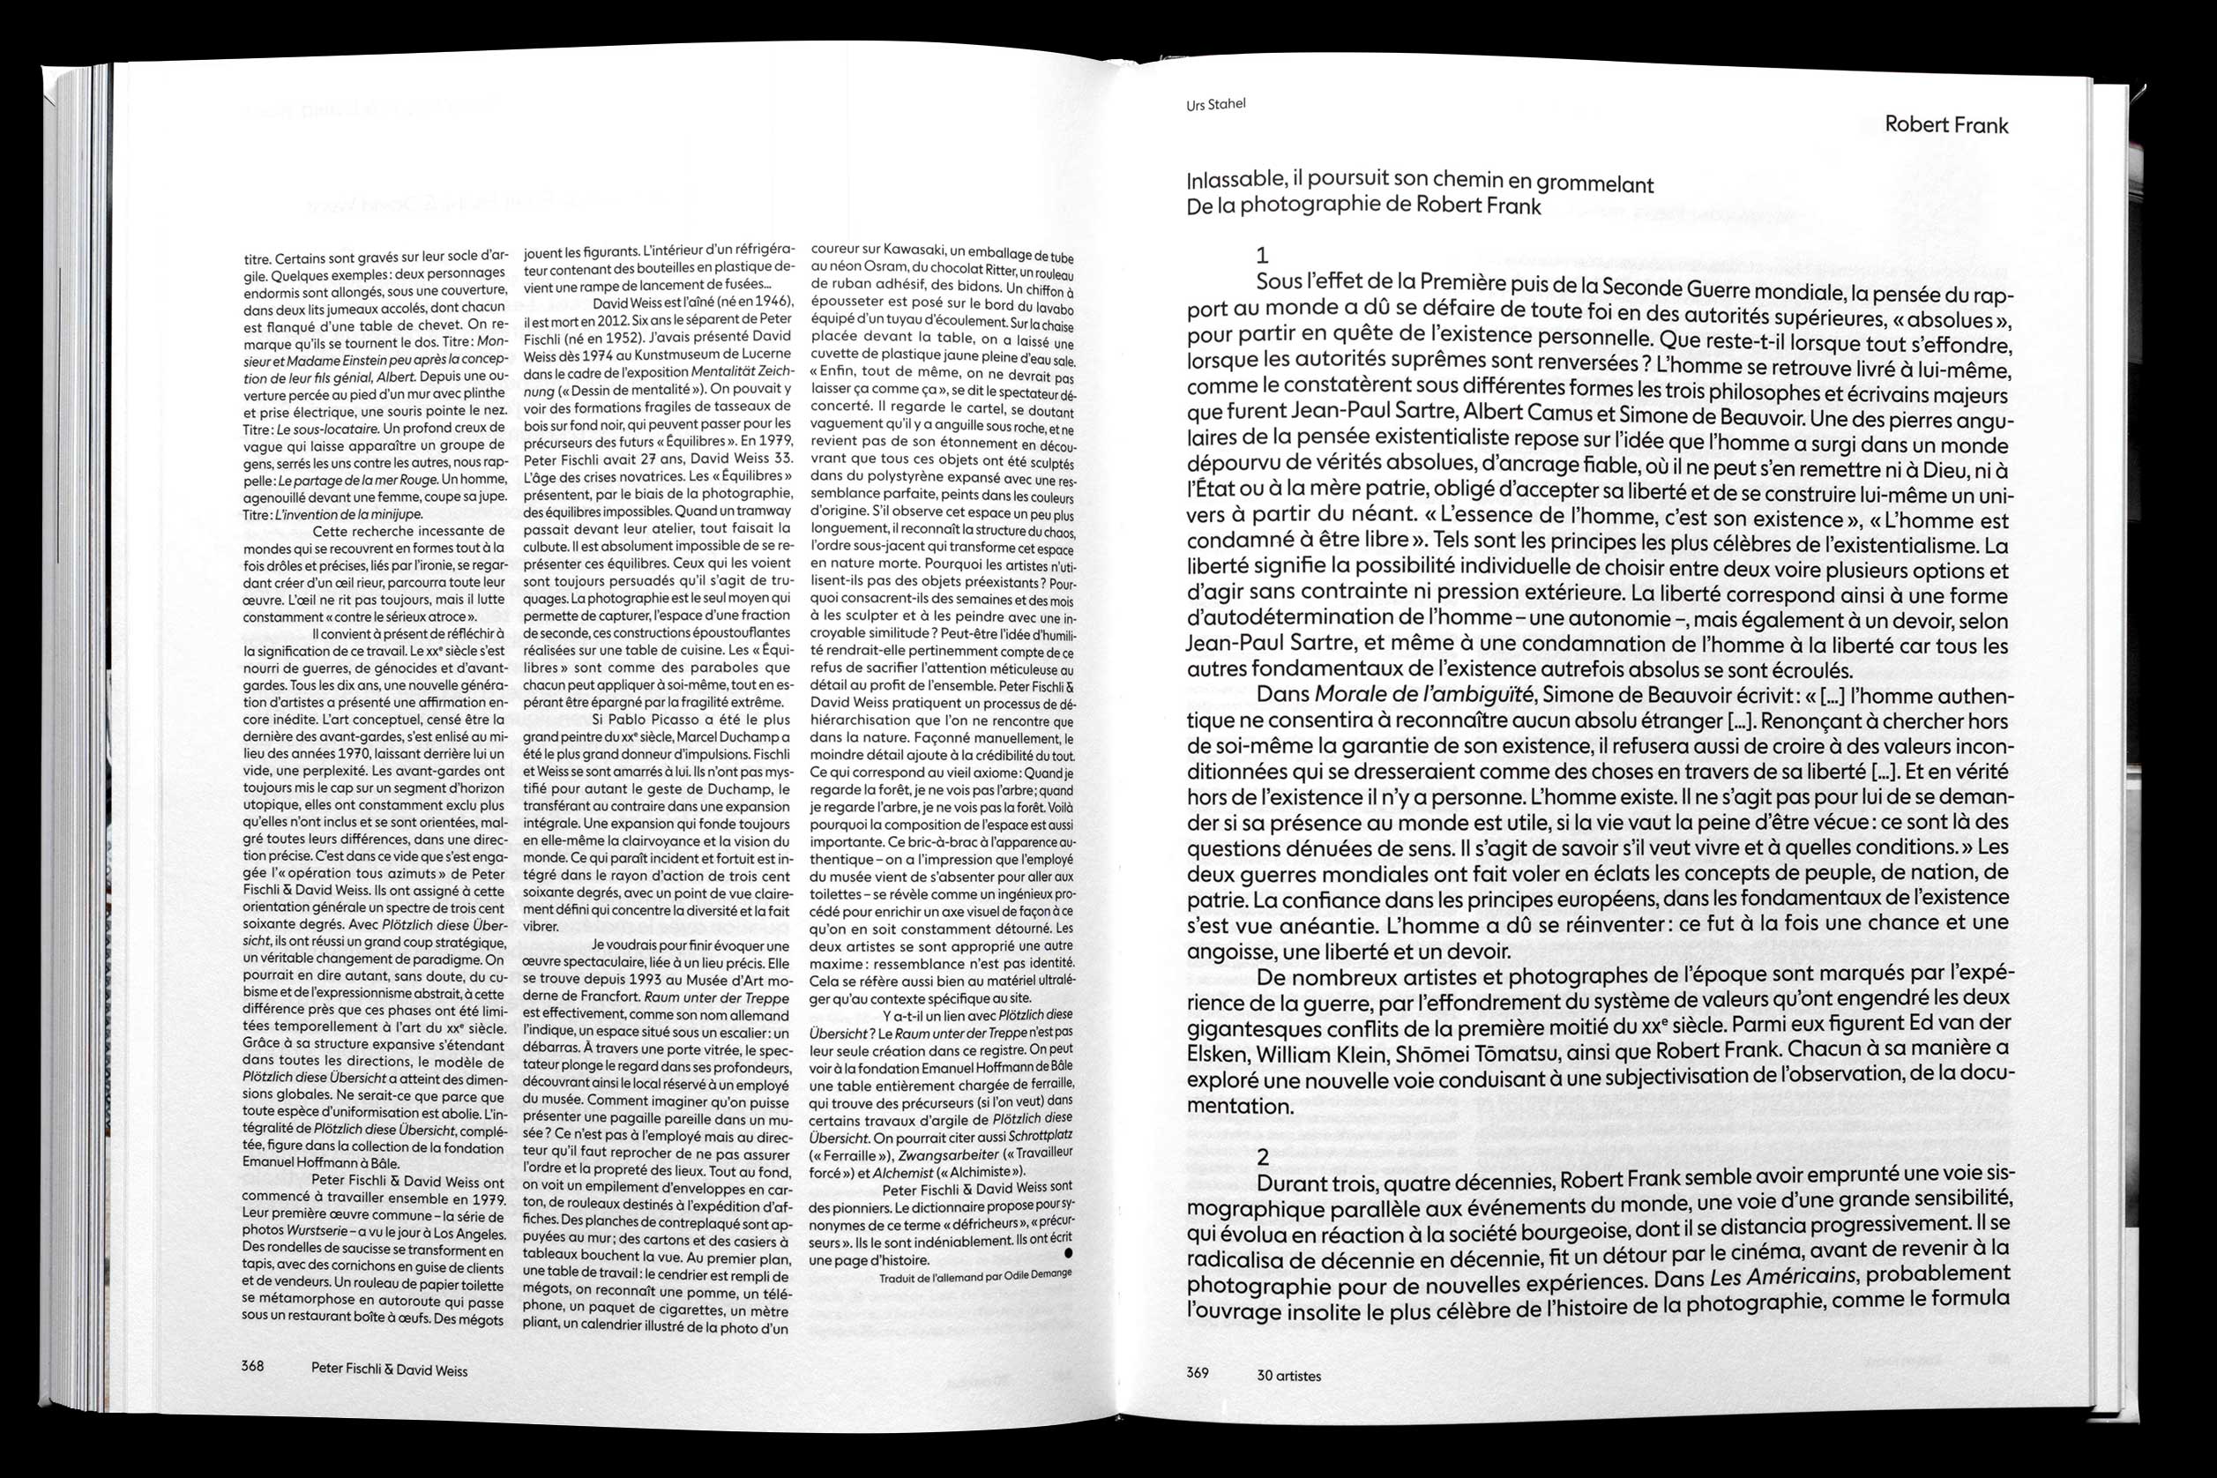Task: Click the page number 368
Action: coord(251,1366)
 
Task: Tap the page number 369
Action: coord(1197,1373)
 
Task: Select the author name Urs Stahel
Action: coord(1216,105)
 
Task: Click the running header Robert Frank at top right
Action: coord(1945,125)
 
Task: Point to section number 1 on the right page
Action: coord(1262,255)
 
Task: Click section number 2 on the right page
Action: coord(1263,1157)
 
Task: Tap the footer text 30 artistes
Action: coord(1288,1375)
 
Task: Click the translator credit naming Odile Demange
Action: coord(974,1277)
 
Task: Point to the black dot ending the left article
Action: coord(1067,1254)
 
